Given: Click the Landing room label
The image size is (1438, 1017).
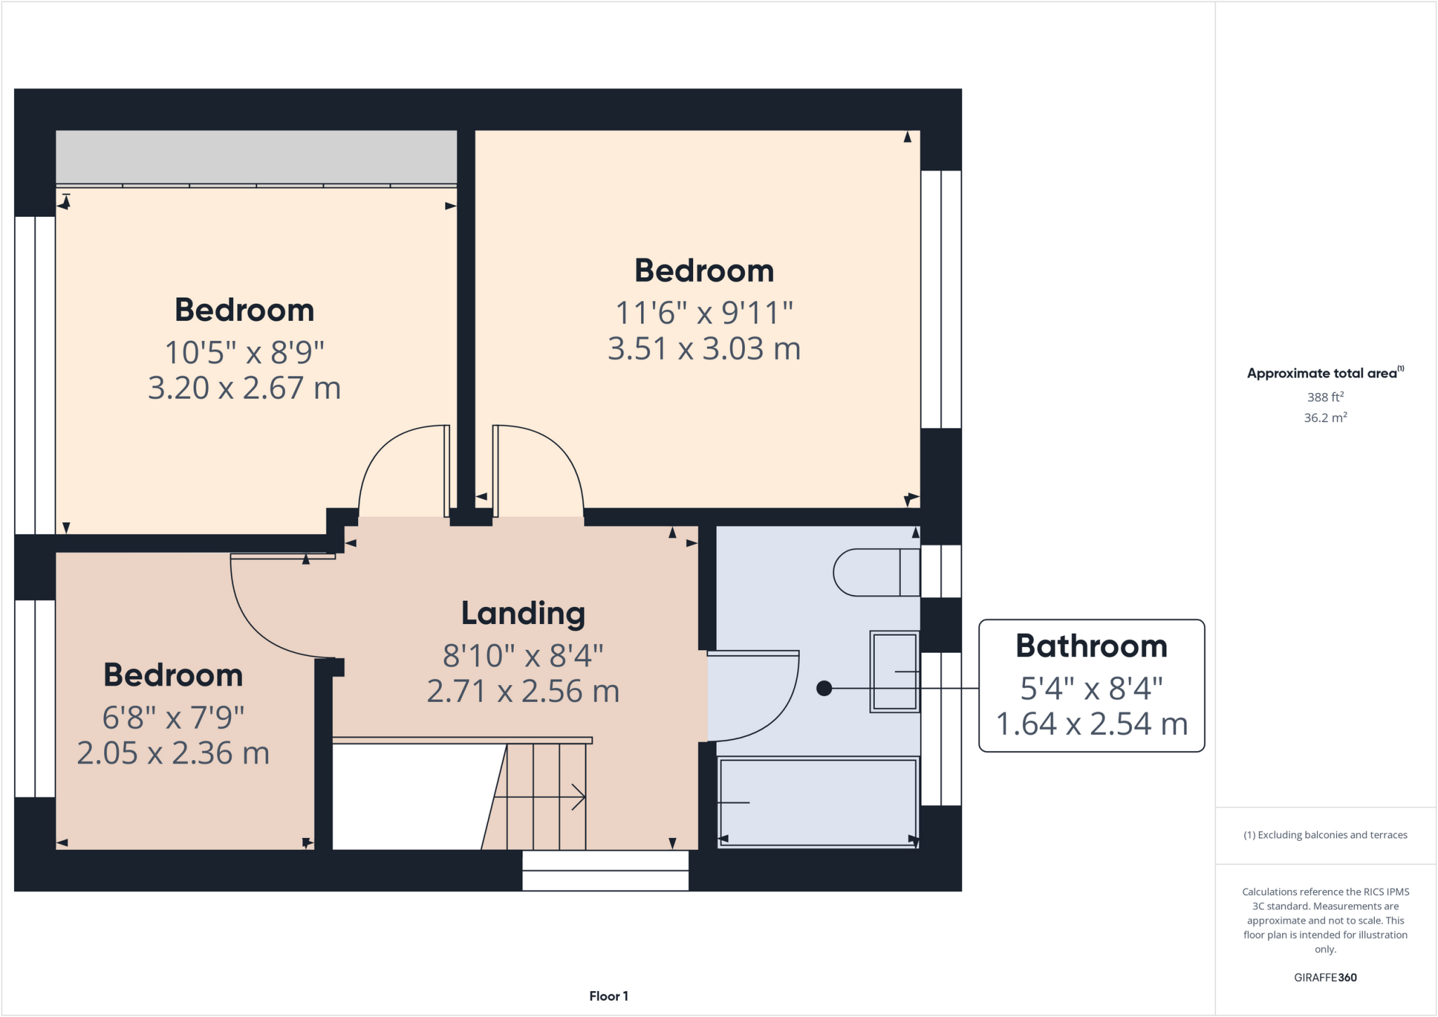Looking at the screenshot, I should point(523,613).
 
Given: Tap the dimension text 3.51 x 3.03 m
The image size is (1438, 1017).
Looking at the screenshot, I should point(704,349).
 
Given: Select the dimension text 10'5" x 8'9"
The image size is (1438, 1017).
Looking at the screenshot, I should point(244,352).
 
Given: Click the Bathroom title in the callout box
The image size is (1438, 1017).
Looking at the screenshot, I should point(1091,646).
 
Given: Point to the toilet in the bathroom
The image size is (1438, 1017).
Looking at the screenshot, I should point(874,573).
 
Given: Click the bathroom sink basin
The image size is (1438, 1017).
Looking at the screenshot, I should point(895,672).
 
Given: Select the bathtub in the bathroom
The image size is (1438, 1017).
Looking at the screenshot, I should point(818,802).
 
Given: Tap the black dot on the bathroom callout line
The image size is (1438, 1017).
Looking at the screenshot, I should point(824,689).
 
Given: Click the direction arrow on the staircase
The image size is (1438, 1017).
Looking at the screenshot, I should point(541,797).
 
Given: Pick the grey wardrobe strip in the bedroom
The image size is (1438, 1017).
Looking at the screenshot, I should point(256,157).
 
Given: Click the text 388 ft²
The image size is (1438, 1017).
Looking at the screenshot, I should point(1325,397).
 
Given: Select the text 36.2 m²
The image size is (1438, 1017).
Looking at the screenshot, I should point(1325,418).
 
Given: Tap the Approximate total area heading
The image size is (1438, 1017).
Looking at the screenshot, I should point(1324,373).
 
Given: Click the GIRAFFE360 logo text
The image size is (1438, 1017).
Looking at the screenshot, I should point(1325,977).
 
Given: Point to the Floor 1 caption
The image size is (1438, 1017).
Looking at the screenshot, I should point(608,996).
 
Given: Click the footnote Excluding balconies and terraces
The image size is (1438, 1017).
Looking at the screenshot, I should point(1325,835).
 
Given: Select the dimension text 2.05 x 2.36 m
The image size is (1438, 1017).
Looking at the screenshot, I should point(173,754).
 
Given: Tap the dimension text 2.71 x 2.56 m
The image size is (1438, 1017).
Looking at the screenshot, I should point(523,692).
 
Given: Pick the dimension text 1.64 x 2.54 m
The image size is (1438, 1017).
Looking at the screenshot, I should point(1091,724).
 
